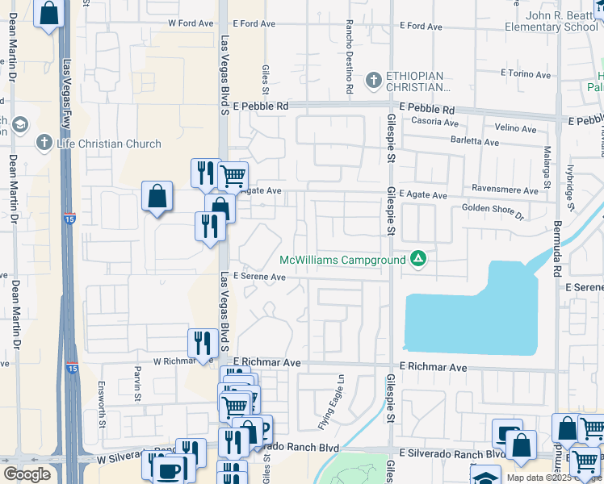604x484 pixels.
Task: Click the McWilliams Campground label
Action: (343, 260)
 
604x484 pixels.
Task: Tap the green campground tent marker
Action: (418, 259)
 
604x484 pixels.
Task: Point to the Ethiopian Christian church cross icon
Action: (373, 80)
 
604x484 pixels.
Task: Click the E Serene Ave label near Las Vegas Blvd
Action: (260, 277)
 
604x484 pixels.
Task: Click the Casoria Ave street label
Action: (434, 125)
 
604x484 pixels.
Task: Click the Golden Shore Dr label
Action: (493, 211)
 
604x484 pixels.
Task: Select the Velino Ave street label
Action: (516, 127)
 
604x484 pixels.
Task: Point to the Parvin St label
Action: (138, 386)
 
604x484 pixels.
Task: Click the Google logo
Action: (27, 474)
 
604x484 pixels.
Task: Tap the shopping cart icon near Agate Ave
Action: (233, 174)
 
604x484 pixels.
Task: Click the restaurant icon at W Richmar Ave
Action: (202, 342)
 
